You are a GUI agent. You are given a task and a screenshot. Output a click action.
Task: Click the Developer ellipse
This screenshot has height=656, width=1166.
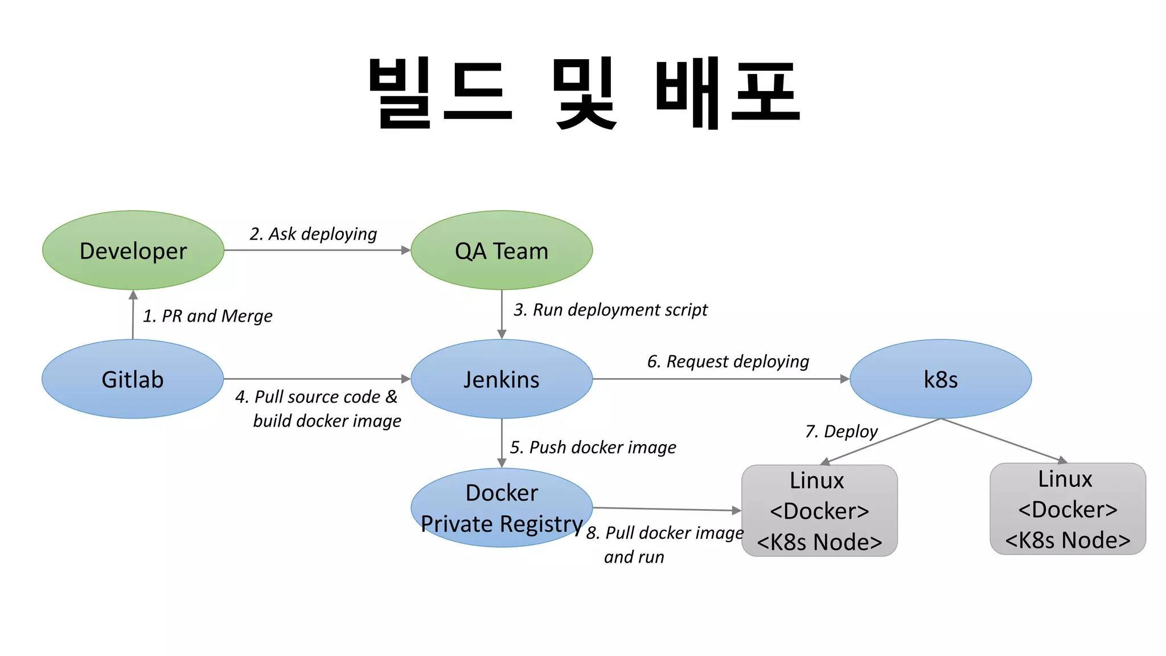[133, 251]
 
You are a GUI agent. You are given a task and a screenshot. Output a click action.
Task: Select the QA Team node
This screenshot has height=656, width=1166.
[501, 251]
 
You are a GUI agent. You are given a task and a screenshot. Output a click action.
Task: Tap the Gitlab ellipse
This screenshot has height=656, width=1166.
[133, 379]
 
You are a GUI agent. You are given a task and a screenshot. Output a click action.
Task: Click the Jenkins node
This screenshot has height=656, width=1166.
[501, 379]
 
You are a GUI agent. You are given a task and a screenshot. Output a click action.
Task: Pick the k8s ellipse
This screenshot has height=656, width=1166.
[941, 379]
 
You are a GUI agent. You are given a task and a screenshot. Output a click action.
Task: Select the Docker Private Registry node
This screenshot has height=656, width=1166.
[501, 508]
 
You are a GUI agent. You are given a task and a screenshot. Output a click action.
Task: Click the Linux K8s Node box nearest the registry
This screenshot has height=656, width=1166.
[819, 511]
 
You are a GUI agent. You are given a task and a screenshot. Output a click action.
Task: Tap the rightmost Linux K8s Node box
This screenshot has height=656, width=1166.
[1068, 509]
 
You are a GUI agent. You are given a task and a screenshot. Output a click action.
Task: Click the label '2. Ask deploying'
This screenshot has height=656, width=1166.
[313, 234]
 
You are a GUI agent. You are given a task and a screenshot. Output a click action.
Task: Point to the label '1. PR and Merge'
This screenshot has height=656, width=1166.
[207, 316]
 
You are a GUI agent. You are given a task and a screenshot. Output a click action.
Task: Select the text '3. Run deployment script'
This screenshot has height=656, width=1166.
[610, 310]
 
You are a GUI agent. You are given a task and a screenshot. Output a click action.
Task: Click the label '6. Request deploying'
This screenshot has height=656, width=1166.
[728, 362]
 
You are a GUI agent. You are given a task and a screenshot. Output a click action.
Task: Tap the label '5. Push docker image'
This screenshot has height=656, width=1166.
[593, 448]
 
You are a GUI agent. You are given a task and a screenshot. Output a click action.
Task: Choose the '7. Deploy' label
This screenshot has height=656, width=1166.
[841, 432]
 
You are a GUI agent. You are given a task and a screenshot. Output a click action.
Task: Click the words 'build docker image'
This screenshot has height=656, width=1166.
[327, 421]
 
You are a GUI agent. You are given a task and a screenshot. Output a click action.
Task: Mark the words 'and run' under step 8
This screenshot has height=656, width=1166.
[634, 557]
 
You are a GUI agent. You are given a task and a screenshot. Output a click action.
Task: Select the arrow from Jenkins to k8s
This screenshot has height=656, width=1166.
[720, 379]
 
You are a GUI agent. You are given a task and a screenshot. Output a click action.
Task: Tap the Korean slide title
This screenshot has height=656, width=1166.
[585, 93]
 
